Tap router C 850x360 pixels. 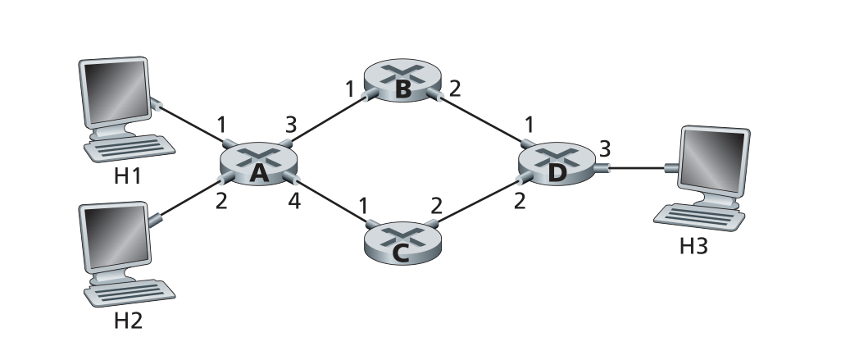pyautogui.click(x=401, y=243)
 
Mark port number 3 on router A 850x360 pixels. pyautogui.click(x=290, y=125)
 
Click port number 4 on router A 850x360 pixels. pyautogui.click(x=291, y=201)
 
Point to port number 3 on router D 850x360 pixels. pyautogui.click(x=606, y=149)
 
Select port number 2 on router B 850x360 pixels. pyautogui.click(x=456, y=87)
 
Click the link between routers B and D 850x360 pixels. pyautogui.click(x=484, y=123)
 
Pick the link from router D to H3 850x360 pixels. pyautogui.click(x=639, y=170)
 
